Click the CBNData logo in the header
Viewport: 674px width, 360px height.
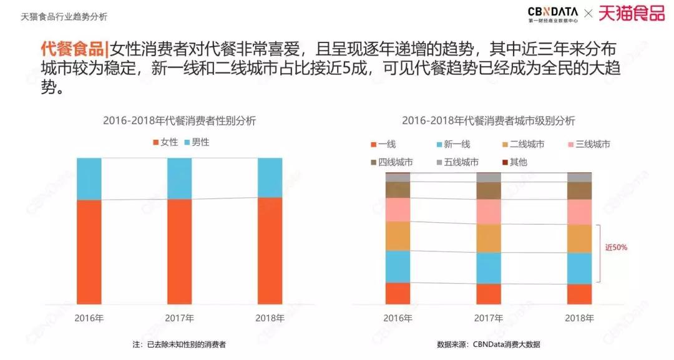click(x=552, y=14)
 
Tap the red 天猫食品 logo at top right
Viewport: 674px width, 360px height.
click(x=631, y=14)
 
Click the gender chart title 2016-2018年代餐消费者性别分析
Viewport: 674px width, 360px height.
click(x=179, y=121)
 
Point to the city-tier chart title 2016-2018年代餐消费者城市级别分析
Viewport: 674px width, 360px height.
click(x=488, y=121)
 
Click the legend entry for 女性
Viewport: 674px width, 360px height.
click(x=165, y=142)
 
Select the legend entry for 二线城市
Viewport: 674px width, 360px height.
click(x=522, y=145)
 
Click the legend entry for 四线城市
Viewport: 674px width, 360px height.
click(x=391, y=162)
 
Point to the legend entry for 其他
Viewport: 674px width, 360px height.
click(x=514, y=162)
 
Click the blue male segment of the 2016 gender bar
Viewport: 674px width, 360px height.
click(x=89, y=178)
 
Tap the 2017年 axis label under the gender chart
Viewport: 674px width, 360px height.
click(x=179, y=318)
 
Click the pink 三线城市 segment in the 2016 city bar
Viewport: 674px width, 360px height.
click(x=398, y=210)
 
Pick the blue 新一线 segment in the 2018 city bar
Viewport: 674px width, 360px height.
click(x=579, y=268)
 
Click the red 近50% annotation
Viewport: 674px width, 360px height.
click(x=616, y=248)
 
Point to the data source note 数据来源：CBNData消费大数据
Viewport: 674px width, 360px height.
click(x=489, y=344)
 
